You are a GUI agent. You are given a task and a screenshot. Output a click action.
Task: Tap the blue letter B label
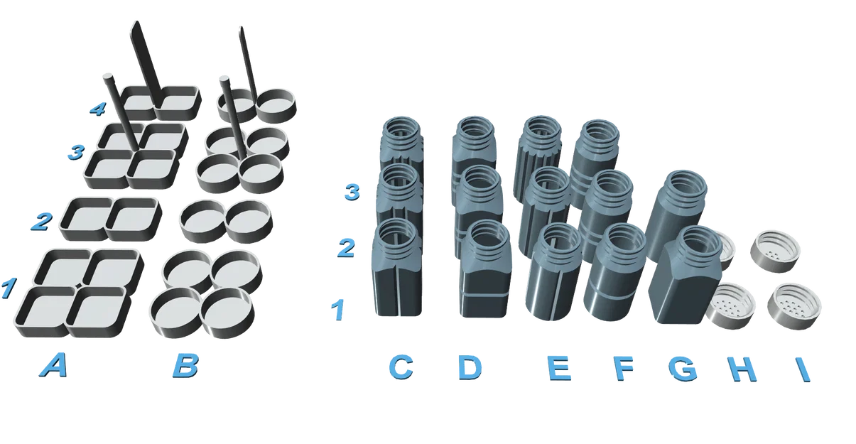coord(185,366)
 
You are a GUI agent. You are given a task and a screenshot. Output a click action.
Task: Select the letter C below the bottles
coord(401,367)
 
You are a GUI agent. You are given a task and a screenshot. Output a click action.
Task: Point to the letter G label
coord(683,367)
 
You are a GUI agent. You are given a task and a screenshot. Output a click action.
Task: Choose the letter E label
coord(560,367)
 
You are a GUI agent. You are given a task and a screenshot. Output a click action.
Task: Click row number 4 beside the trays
coord(97,109)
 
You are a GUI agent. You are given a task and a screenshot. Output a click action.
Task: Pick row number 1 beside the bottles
coord(339,309)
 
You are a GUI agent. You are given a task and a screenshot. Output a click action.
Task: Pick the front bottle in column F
coord(613,277)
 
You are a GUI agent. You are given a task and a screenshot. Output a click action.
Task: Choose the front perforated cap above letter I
coord(794,304)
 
